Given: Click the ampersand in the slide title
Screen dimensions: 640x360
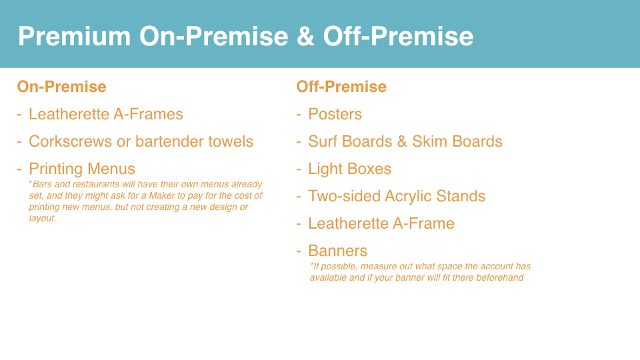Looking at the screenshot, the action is coord(306,36).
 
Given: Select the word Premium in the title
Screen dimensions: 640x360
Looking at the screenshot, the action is coord(74,36).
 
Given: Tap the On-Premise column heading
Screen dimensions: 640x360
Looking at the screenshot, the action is coord(61,87).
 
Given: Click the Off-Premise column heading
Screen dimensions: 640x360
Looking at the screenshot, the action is coord(341,87).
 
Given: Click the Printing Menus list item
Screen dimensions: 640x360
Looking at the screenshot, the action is coord(81,169).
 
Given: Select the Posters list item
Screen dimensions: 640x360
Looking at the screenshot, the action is coord(335,114).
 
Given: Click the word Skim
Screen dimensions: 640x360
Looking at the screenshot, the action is coord(430,141).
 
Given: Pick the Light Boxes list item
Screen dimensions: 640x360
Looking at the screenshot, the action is coord(349,169).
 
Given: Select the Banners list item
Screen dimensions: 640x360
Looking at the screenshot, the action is coord(337,251).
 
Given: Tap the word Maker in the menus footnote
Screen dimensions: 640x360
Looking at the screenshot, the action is coord(162,195).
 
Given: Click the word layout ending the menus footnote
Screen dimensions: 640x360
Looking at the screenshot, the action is coord(43,219).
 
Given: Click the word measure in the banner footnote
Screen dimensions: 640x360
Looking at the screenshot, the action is coord(373,267).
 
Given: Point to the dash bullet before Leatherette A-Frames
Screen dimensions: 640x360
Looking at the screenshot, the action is coord(19,115).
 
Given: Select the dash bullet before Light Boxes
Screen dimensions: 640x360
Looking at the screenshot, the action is coord(299,169).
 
